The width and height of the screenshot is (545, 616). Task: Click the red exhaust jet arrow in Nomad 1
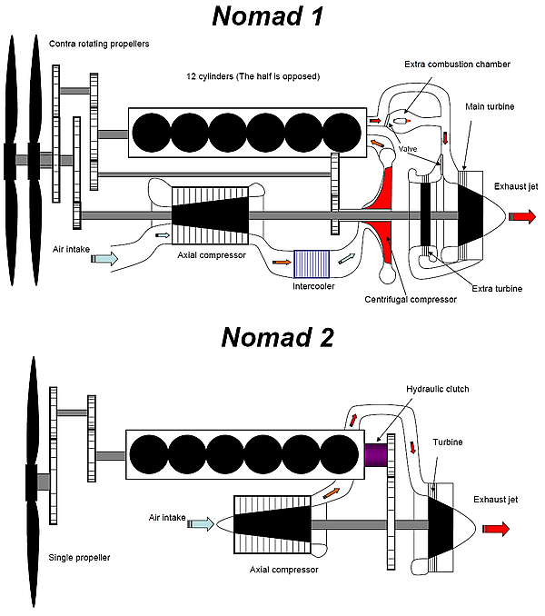[x=523, y=216]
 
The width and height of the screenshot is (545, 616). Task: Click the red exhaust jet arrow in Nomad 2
[x=497, y=530]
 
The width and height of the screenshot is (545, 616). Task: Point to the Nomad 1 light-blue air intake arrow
[x=104, y=259]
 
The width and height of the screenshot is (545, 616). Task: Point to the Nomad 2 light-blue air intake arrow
[x=200, y=523]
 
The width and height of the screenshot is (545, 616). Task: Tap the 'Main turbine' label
[x=488, y=107]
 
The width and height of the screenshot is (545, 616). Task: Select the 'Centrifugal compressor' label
[x=410, y=299]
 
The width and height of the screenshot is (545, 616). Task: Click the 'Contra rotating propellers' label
[x=98, y=43]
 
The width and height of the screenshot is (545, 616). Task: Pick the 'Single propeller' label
[x=80, y=557]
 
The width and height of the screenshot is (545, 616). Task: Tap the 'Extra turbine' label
[x=497, y=288]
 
